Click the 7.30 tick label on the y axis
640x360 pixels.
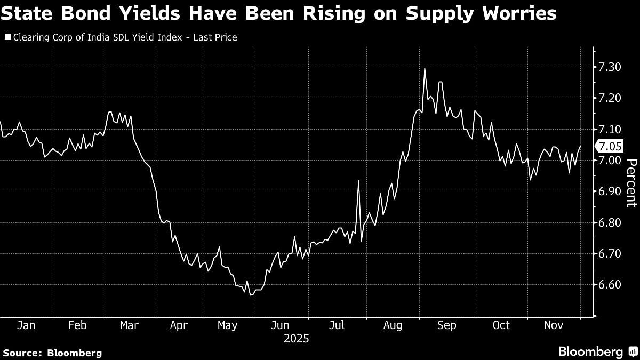pos(610,67)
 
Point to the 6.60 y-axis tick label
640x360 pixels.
pos(610,284)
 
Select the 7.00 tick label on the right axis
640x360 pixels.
pos(610,160)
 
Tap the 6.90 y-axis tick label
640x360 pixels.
pos(610,191)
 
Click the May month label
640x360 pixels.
pos(228,325)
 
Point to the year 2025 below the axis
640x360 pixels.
pos(297,339)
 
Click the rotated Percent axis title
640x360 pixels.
pos(631,183)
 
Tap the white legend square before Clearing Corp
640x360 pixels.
pos(7,37)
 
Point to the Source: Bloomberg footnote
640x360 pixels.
pos(52,353)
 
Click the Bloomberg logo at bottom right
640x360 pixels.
pos(590,351)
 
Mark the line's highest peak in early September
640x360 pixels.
pos(425,69)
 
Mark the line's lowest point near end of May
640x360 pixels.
pos(250,294)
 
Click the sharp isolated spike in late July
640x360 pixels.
pos(358,181)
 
